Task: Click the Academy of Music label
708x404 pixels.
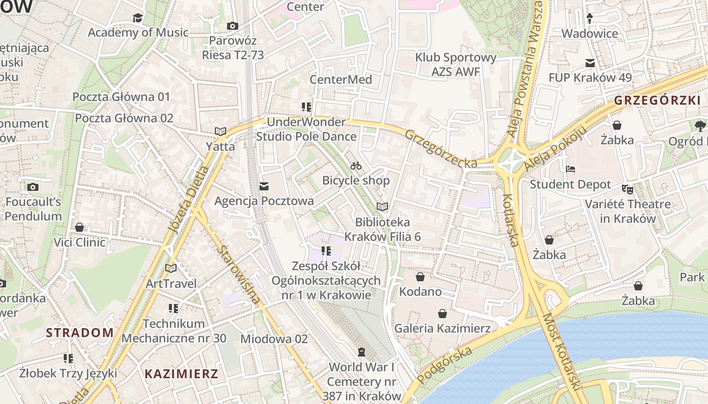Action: coord(138,32)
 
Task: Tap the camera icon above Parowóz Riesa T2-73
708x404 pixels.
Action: coord(233,26)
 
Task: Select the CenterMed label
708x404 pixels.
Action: coord(340,79)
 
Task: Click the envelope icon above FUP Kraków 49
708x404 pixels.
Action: coord(590,63)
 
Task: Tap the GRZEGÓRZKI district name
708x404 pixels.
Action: coord(657,100)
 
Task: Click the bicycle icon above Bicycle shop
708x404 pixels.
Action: coord(356,166)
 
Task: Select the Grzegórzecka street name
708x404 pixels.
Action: coord(441,149)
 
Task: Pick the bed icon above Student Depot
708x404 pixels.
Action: coord(570,169)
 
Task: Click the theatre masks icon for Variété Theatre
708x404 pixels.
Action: coord(628,189)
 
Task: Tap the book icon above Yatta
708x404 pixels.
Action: coord(220,131)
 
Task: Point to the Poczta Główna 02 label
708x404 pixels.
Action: coord(124,118)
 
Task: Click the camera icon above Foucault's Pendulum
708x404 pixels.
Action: coord(33,187)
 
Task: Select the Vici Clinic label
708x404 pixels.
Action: coord(79,242)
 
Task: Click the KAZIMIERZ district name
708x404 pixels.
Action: coord(182,374)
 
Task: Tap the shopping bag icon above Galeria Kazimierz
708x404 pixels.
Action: coord(442,314)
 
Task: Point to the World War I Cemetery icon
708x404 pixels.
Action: coord(362,351)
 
